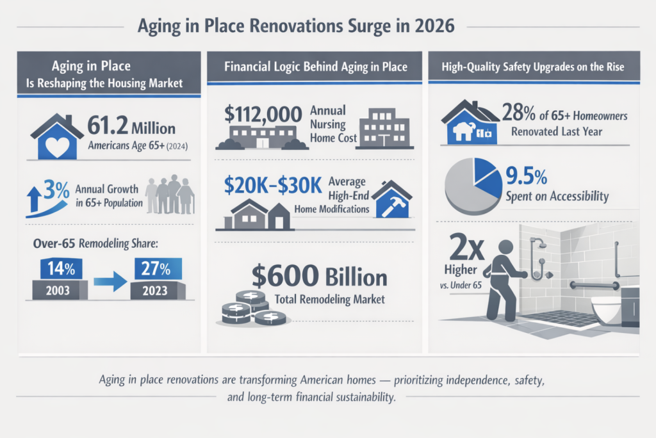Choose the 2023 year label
pos(156,289)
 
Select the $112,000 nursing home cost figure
pos(263,115)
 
